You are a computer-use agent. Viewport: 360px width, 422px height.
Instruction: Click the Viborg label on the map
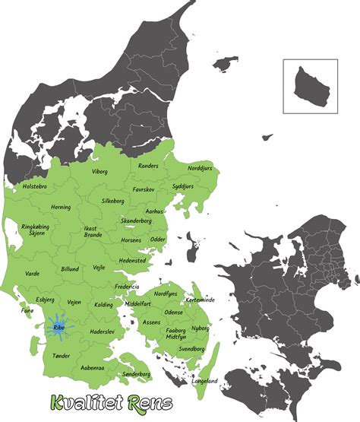pos(100,172)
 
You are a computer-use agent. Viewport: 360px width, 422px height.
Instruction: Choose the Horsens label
pos(131,240)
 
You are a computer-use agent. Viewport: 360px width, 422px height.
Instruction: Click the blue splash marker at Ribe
pos(59,328)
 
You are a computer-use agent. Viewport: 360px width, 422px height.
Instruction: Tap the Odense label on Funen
pos(173,312)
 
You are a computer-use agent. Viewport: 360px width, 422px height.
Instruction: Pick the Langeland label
pos(204,380)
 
